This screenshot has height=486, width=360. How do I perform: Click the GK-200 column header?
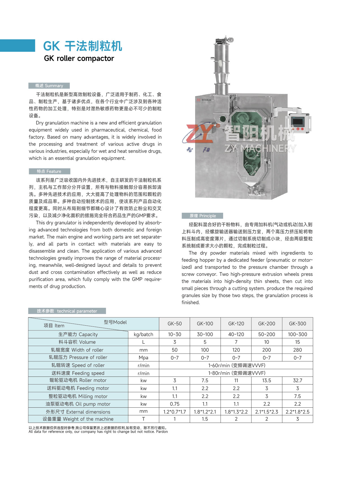266,324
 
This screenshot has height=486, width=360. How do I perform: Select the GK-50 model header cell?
174,324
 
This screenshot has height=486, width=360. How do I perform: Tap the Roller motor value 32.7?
297,380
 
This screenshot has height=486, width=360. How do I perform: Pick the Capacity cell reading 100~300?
297,334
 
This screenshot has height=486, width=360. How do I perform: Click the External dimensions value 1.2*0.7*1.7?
174,412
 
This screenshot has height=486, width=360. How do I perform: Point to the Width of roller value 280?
297,350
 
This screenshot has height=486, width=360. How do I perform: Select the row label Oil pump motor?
78,404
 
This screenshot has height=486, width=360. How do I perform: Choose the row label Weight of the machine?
78,419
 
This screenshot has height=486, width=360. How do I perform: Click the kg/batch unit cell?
143,334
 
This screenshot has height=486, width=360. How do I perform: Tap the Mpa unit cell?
143,358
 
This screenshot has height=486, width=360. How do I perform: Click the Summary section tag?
49,86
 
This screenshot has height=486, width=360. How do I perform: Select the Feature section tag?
49,171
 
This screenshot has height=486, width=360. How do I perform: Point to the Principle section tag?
202,216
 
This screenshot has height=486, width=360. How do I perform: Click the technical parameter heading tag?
67,311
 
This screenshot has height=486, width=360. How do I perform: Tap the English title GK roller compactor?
79,59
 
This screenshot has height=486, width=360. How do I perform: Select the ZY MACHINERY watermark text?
260,148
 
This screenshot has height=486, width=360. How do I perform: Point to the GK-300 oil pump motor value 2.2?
297,404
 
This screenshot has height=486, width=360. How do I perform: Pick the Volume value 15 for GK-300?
297,342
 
